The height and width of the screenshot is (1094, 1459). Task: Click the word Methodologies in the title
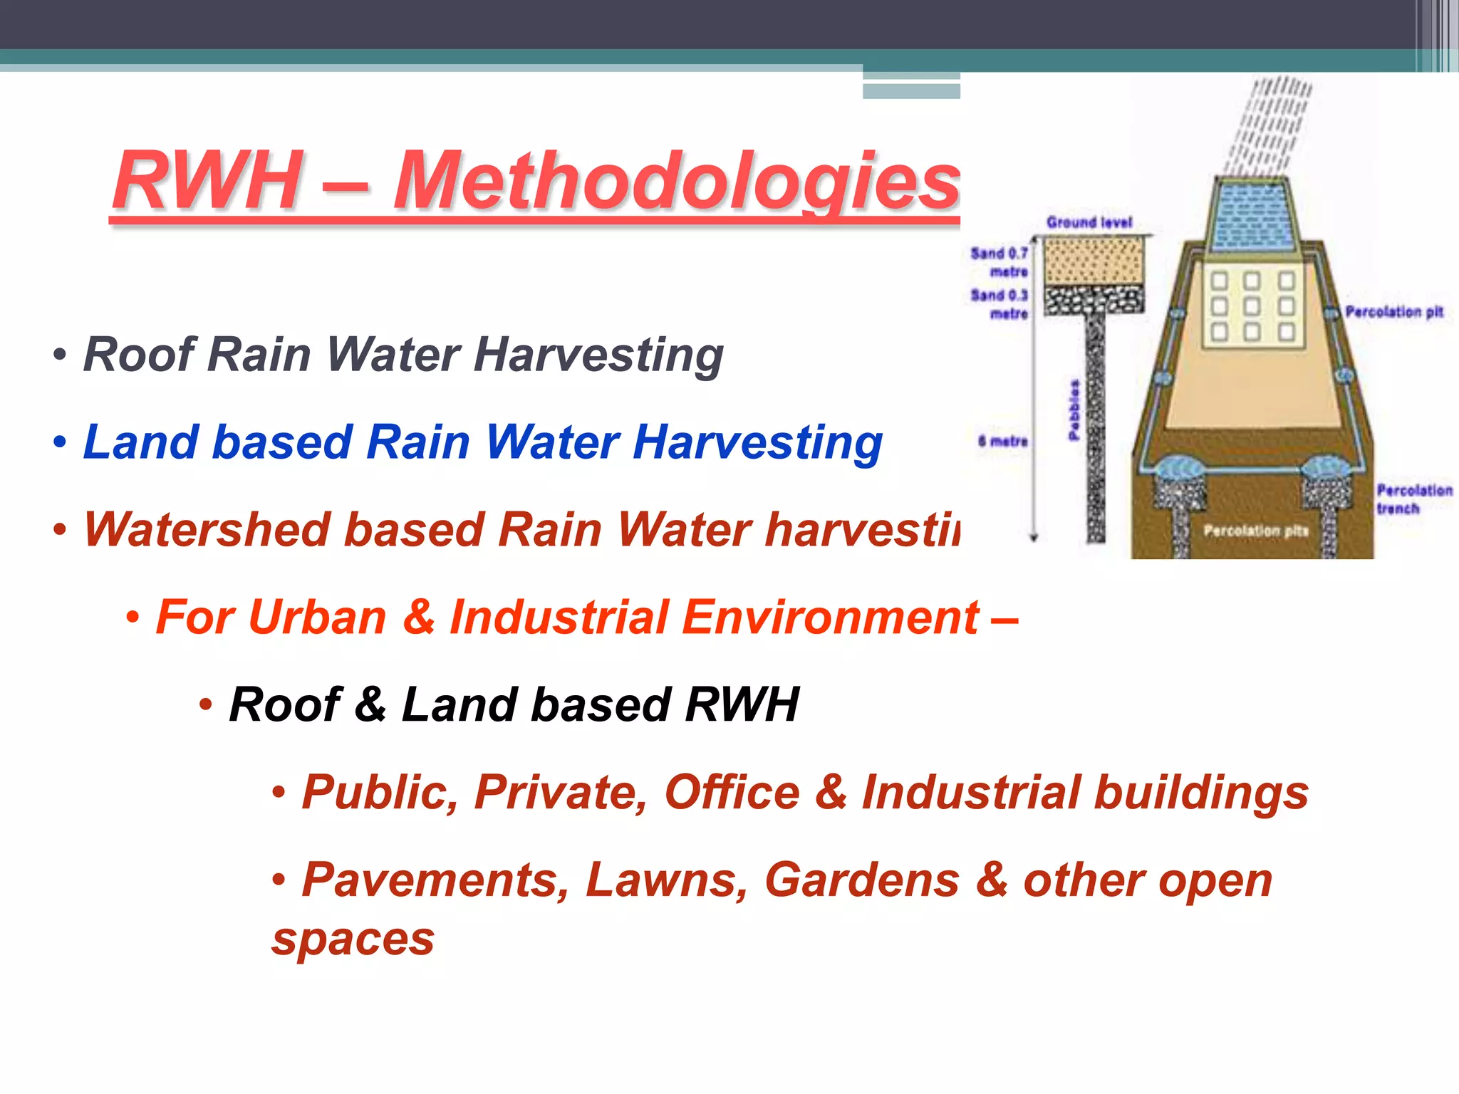tap(677, 182)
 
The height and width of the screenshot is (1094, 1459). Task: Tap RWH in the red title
tap(207, 182)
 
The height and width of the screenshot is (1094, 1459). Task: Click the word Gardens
tap(862, 880)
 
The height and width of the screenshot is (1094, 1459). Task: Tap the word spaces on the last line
tap(353, 939)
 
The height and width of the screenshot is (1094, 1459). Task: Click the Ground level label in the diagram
tap(1089, 222)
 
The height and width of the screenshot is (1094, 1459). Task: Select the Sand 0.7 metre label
tap(1000, 262)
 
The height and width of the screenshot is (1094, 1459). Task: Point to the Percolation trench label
tap(1413, 499)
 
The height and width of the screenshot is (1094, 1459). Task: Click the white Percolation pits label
tap(1255, 531)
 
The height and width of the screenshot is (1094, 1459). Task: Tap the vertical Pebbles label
tap(1074, 410)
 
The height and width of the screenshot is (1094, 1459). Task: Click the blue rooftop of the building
tap(1252, 214)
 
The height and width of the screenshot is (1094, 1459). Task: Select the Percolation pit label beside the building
tap(1393, 312)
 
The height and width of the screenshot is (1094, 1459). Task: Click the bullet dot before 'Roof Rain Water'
tap(60, 355)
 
